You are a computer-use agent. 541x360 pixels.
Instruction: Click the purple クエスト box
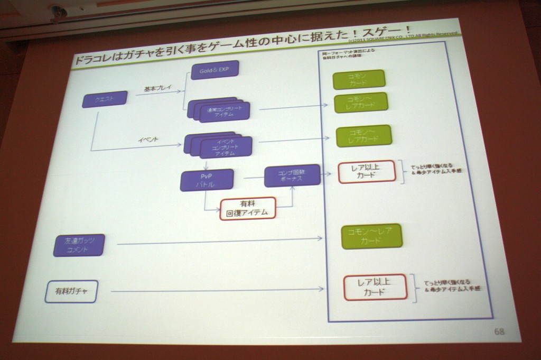(105, 99)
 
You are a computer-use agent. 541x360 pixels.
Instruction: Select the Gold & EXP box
(214, 69)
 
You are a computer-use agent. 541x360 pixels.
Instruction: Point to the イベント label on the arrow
(148, 140)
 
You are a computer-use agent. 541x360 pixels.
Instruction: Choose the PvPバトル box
(207, 180)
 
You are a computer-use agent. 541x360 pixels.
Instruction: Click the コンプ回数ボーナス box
(292, 176)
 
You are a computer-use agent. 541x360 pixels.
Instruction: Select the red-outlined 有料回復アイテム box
(248, 208)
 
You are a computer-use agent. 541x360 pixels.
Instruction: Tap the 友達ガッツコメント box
(79, 245)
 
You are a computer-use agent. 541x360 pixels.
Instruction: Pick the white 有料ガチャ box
(71, 291)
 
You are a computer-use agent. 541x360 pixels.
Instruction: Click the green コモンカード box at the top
(359, 79)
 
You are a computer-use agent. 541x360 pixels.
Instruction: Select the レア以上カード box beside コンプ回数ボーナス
(366, 172)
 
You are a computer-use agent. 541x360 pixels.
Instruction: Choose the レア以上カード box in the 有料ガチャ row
(375, 287)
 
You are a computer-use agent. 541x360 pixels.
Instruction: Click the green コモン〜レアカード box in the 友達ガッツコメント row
(371, 236)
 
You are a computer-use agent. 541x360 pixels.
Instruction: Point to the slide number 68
(499, 331)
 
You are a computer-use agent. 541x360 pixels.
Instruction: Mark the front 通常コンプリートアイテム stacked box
(225, 112)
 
